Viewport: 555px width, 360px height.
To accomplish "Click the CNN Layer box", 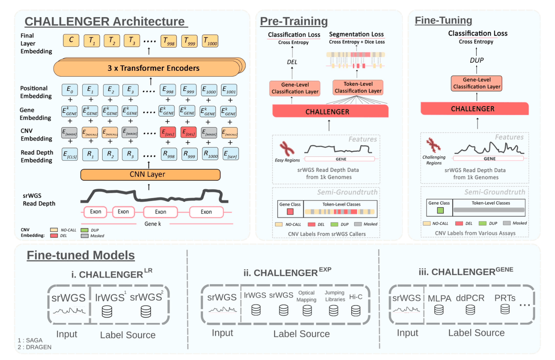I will tap(150, 175).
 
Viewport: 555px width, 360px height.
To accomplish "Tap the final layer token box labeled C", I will tap(71, 40).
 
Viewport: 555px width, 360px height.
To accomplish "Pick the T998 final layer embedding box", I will tap(168, 41).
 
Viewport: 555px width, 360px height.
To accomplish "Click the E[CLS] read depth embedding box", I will tap(70, 154).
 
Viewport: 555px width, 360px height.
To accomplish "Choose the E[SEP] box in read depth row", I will tap(230, 154).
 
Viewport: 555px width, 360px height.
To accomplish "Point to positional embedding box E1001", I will tap(229, 90).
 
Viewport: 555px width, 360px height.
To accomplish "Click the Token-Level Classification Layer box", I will tap(358, 87).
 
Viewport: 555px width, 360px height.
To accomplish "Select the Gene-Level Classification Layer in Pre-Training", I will tap(295, 88).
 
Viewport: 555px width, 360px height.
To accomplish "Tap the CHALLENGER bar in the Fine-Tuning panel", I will tap(474, 109).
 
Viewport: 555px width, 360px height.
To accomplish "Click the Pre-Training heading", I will tap(294, 21).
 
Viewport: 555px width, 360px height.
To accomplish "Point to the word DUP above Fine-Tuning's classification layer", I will tap(477, 60).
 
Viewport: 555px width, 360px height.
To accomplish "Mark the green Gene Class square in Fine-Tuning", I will tap(440, 210).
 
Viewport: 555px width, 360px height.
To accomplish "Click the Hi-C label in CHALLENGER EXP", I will tap(356, 297).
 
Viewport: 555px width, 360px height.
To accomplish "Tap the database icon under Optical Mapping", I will tap(307, 310).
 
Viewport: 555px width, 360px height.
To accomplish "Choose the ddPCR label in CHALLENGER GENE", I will tap(470, 298).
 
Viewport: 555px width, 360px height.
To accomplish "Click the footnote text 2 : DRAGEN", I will tap(35, 347).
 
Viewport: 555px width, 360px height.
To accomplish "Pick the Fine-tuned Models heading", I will tap(81, 255).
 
